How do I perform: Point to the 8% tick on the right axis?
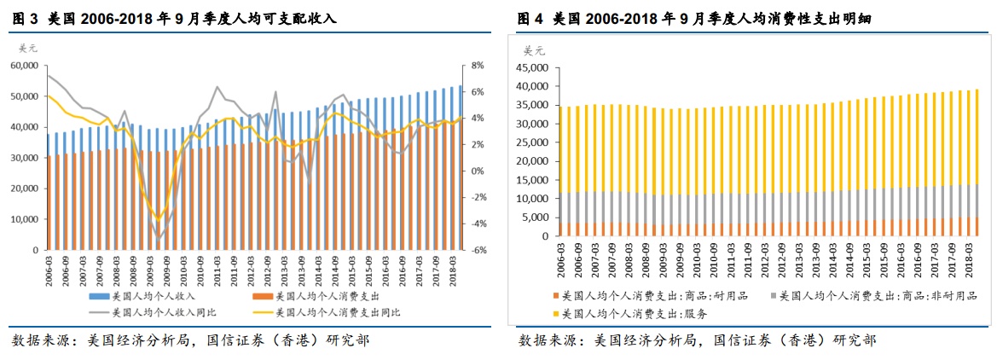478,65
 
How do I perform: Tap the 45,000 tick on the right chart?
535,67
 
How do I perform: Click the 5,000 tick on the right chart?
538,218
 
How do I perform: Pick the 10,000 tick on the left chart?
25,219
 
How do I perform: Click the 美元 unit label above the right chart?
533,49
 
